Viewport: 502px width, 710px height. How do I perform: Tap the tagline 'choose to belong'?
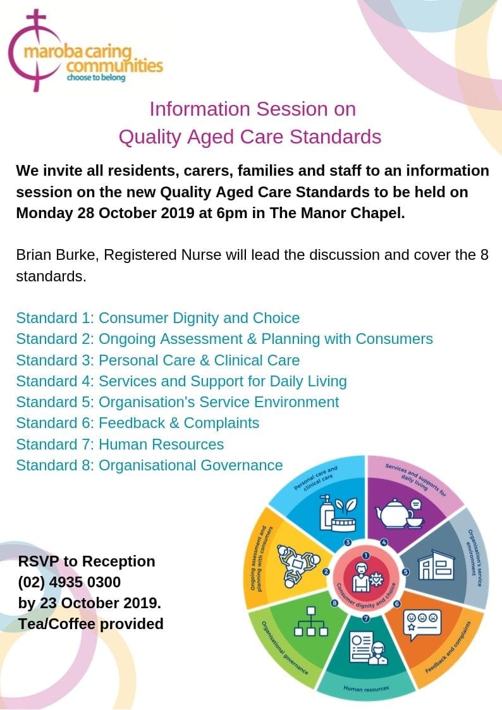(x=96, y=78)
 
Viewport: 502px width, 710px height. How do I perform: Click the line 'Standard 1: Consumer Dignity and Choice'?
(x=158, y=317)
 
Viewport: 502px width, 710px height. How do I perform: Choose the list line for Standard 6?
(x=138, y=422)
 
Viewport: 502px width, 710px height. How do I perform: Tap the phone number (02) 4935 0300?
(x=70, y=582)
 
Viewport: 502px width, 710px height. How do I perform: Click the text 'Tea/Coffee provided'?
(x=91, y=624)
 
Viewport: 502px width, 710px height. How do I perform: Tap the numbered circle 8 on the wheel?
(x=334, y=604)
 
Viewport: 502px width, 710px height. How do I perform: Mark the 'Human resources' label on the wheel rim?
(x=367, y=688)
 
